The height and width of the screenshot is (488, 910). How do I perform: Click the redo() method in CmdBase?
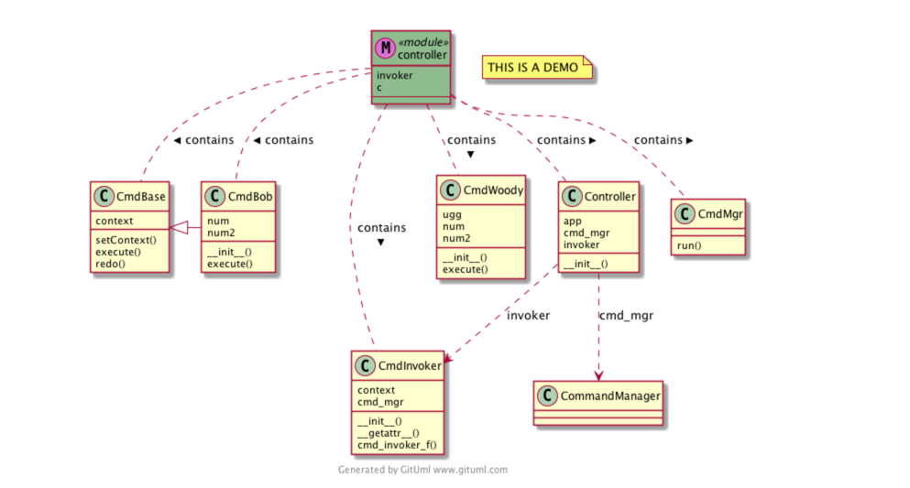tap(110, 263)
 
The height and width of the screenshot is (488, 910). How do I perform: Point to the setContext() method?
tap(126, 240)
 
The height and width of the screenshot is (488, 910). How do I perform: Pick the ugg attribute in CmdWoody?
tap(451, 213)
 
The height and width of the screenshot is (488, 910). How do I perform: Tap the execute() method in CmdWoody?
tap(466, 269)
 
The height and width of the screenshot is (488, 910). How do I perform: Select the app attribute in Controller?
tap(572, 221)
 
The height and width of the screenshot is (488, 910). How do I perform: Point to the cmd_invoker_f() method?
tap(397, 444)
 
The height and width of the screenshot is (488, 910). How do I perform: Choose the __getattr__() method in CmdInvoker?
tap(389, 433)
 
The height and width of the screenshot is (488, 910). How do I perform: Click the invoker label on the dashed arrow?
tap(528, 316)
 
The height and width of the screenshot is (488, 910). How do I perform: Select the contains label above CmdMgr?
tap(659, 140)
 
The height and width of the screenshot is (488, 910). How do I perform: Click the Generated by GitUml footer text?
tap(422, 470)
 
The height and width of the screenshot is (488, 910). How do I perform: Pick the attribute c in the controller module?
tap(379, 87)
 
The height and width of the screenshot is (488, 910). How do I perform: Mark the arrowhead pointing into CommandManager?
tap(598, 375)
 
